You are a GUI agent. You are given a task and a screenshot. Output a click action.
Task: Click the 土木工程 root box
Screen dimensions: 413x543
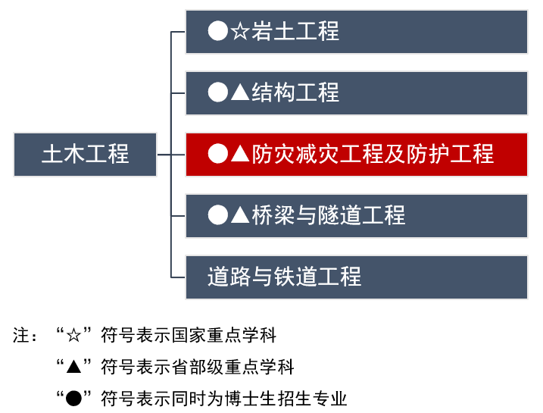[85, 155]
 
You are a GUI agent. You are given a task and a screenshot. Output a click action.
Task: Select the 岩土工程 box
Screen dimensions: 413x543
[356, 32]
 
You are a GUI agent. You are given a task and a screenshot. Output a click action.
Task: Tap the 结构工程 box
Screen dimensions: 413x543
[356, 93]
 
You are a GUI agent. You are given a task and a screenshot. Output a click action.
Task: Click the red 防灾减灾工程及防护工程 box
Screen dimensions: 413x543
[356, 155]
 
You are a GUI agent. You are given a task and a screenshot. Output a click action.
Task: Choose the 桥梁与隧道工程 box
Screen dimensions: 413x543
[356, 216]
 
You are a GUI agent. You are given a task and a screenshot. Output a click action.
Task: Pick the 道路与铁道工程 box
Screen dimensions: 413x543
[356, 277]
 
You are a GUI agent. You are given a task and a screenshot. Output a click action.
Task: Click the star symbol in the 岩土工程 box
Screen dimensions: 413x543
[239, 32]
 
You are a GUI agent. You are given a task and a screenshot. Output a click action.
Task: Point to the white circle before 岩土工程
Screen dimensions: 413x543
[218, 32]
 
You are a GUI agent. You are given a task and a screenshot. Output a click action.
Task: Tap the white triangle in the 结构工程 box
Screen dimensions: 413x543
[239, 93]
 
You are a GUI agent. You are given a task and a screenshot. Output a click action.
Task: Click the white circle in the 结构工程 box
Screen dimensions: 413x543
[218, 93]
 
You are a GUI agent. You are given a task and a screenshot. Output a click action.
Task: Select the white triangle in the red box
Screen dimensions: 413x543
[239, 155]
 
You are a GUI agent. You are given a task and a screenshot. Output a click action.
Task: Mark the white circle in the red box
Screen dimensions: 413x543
[218, 155]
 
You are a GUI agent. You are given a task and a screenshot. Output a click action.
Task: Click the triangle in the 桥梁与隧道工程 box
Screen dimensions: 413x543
[239, 216]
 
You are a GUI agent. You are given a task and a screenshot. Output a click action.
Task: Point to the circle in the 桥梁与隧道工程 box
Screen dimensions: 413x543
[218, 216]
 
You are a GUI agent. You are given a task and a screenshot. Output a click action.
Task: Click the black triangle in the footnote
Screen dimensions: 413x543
[73, 367]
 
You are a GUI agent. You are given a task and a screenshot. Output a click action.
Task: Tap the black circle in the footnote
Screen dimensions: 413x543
[73, 398]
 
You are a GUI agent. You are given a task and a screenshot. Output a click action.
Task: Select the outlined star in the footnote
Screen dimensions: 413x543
[73, 335]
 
